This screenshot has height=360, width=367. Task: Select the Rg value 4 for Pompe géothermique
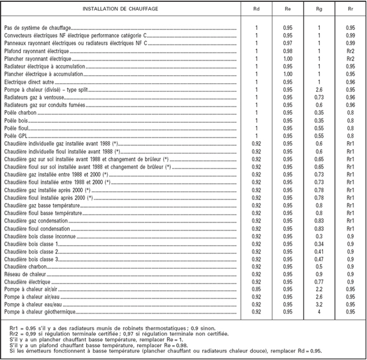click(319, 310)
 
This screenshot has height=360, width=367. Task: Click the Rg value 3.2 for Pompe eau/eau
click(319, 303)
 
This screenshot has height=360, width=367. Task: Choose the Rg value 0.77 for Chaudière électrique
click(319, 281)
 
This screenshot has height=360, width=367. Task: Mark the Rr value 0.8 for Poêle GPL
click(350, 135)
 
